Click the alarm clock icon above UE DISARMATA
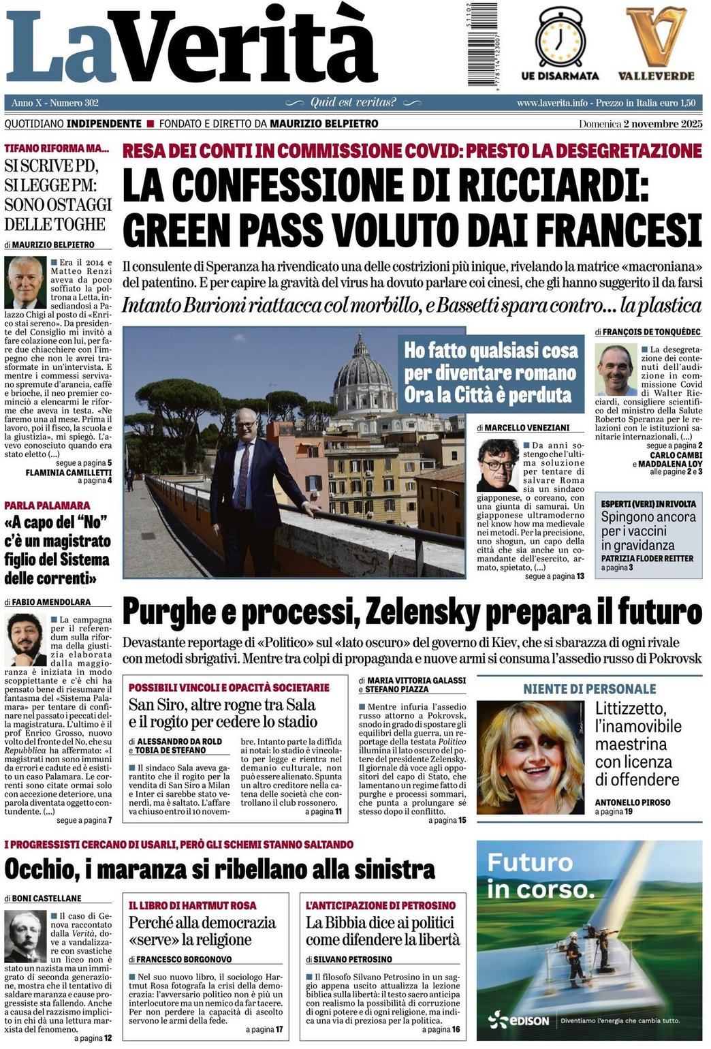click(x=560, y=39)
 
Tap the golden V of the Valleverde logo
click(x=655, y=37)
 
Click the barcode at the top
click(x=483, y=45)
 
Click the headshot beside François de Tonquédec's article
click(x=615, y=369)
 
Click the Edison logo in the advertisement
click(x=520, y=1020)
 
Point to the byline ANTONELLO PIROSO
click(x=633, y=802)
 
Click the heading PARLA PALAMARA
click(x=47, y=505)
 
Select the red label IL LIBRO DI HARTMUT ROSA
click(x=193, y=905)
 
